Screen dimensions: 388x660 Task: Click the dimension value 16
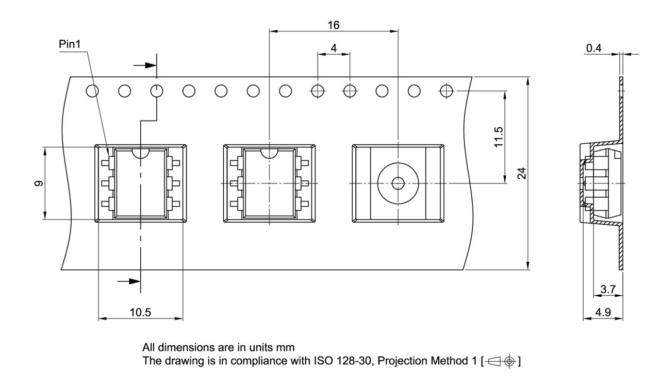334,25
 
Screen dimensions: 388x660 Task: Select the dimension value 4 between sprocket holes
334,48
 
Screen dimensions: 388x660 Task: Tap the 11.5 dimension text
498,137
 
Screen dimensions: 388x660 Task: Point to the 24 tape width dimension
522,173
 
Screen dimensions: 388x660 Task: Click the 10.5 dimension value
140,312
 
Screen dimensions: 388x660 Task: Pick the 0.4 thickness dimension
594,48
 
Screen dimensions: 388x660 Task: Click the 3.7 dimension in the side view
608,290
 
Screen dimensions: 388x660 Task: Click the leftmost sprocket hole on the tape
92,91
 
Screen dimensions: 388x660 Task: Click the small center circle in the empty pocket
398,183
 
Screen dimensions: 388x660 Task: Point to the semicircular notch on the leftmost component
140,153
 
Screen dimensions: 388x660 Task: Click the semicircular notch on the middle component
269,153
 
